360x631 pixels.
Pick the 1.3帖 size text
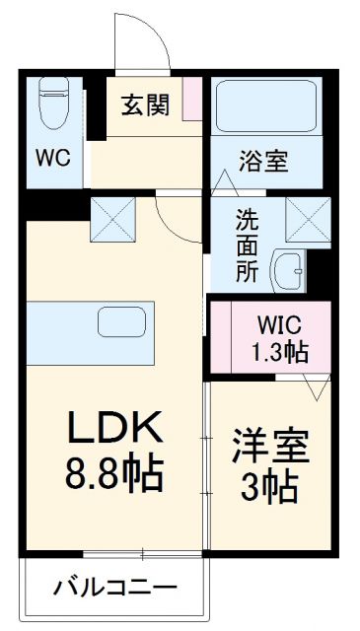[277, 351]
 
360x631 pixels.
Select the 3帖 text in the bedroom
[267, 488]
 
